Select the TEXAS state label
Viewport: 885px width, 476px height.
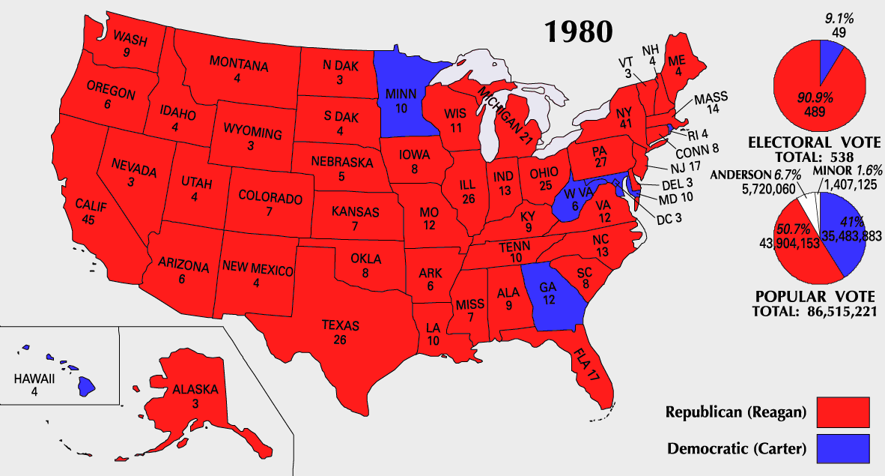(341, 326)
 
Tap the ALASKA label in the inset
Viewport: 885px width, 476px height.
(195, 390)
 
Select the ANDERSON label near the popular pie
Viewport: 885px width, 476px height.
(742, 174)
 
